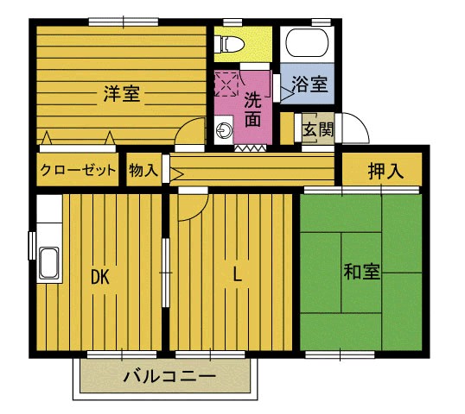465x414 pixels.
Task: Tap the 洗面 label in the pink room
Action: [x=252, y=110]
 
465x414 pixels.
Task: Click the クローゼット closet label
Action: [x=78, y=171]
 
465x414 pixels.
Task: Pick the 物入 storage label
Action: [x=143, y=171]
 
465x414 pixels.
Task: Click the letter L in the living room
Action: [x=235, y=276]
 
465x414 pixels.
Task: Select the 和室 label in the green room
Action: [x=361, y=273]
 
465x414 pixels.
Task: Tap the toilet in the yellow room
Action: [x=232, y=41]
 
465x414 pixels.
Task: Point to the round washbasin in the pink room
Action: [x=224, y=132]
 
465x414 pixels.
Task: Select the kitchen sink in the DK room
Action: [x=48, y=261]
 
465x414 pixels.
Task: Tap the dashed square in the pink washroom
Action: [x=227, y=84]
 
